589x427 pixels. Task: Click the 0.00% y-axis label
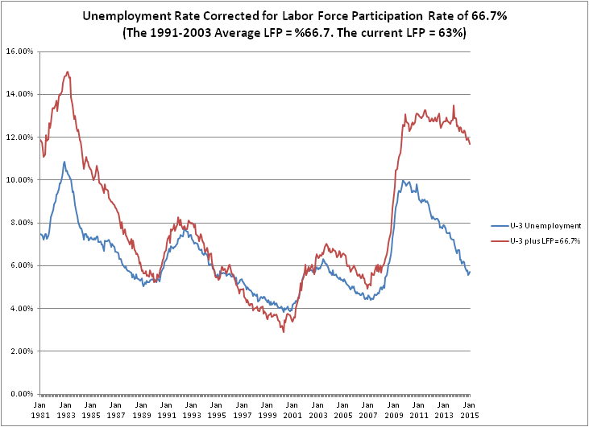point(20,394)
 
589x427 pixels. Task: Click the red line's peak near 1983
point(67,72)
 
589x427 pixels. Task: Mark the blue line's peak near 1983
point(64,162)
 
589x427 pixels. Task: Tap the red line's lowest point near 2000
point(284,331)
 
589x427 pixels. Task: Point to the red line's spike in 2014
point(454,105)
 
